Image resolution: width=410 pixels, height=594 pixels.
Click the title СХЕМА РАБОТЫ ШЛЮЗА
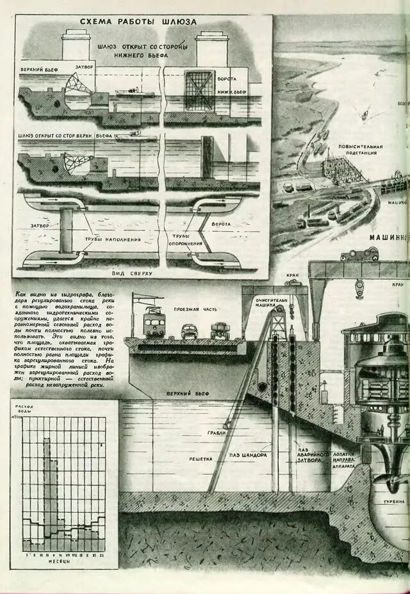(138, 22)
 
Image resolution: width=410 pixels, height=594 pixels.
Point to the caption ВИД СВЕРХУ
(133, 273)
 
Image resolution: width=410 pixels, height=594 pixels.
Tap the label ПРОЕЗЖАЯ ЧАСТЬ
(201, 309)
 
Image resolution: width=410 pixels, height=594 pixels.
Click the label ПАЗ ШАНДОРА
(248, 456)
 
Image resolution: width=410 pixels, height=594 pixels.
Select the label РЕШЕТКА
(201, 460)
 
